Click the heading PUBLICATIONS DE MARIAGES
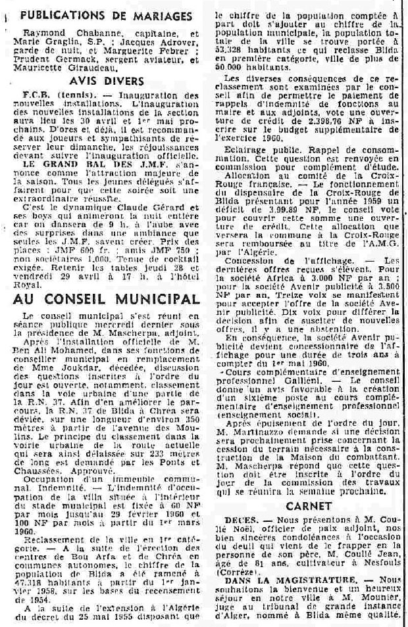point(106,16)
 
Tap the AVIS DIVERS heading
point(107,81)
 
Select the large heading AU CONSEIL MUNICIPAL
point(107,299)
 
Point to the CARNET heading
point(309,507)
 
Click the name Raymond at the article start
point(41,32)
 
